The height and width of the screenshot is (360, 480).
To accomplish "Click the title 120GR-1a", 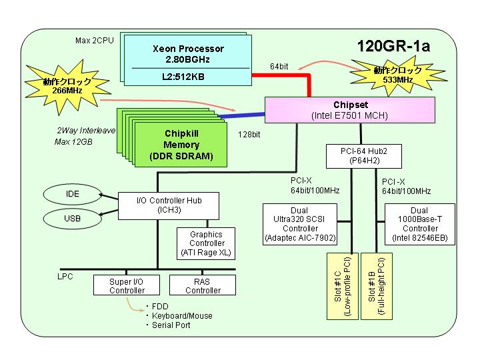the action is click(394, 46).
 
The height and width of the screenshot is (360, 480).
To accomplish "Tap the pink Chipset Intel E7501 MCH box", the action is click(349, 110).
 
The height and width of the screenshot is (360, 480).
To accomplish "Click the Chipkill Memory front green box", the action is click(181, 145).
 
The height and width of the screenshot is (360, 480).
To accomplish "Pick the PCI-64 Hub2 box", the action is click(364, 156).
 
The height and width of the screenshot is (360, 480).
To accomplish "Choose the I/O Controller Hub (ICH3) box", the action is click(169, 206).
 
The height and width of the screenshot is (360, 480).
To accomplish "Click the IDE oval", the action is click(72, 194).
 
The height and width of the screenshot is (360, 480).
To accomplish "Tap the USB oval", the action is click(72, 219).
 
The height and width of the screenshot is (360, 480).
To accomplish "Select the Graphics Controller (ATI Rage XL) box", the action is click(206, 244).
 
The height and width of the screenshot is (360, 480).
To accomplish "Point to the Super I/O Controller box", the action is click(127, 285).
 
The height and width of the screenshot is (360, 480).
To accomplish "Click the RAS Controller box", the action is click(203, 285).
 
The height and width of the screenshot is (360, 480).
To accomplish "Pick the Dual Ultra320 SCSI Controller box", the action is click(300, 225).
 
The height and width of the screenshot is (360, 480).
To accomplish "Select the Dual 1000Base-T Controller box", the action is click(420, 225).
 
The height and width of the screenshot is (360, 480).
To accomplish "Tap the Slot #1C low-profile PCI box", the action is click(343, 286).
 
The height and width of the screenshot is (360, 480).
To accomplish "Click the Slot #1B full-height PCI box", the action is click(377, 286).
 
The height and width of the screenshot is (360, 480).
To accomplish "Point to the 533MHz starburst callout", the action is click(398, 75).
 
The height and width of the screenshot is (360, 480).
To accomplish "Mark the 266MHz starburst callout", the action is click(67, 86).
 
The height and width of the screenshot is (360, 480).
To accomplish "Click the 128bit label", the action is click(249, 135).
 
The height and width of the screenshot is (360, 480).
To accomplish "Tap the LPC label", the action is click(65, 277).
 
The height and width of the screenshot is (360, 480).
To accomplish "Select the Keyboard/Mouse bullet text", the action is click(182, 315).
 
